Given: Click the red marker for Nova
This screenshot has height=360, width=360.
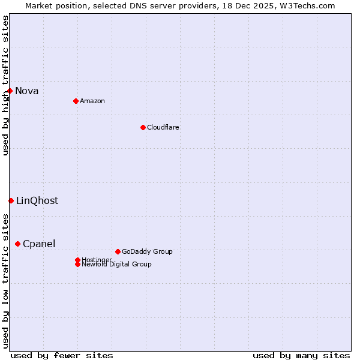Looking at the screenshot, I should (x=10, y=91).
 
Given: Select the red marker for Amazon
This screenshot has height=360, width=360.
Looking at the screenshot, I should (x=76, y=101).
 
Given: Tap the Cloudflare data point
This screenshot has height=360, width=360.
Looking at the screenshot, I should (x=143, y=127).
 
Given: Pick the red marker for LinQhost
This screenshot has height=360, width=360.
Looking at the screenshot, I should (x=11, y=200).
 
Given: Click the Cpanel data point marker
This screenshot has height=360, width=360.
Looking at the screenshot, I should (x=17, y=244).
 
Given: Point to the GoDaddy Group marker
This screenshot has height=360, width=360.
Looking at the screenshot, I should (x=118, y=251).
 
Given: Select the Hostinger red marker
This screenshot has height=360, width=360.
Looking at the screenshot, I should (x=77, y=260).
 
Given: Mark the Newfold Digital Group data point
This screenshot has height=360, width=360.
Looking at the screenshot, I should (x=77, y=264).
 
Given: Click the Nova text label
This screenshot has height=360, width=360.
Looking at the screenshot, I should (x=27, y=91).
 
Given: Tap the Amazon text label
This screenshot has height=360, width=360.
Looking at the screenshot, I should (x=92, y=101).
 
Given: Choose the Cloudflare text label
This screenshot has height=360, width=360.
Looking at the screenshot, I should (x=163, y=127).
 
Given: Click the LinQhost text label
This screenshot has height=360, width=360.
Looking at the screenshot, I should (x=37, y=201).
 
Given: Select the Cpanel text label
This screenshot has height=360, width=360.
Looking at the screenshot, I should (x=39, y=244).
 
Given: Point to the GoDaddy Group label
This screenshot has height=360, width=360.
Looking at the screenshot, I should (x=147, y=251).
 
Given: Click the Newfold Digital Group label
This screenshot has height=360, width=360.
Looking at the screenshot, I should (x=116, y=265).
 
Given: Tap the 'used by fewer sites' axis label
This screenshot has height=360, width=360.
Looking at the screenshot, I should (x=62, y=356).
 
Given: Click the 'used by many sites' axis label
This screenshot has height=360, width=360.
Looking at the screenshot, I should (x=301, y=356).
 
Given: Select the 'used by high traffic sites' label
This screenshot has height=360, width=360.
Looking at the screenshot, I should (x=5, y=85).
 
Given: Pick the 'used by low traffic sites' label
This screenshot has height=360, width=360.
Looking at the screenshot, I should (x=5, y=281).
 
